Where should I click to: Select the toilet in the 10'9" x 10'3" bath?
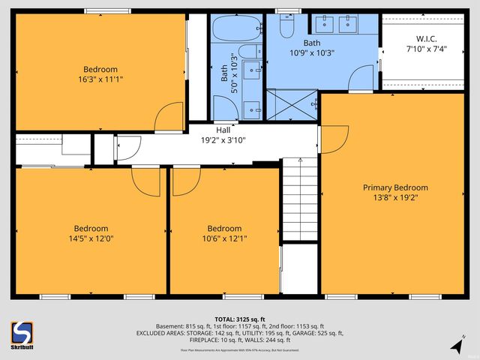[x=286, y=27]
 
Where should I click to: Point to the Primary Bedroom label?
[x=395, y=187]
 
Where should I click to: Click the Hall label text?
[x=223, y=130]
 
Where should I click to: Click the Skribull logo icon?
[x=22, y=332]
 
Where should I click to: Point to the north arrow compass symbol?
[x=456, y=346]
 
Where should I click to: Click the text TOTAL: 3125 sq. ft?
[x=239, y=319]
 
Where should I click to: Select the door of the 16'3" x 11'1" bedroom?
[x=169, y=116]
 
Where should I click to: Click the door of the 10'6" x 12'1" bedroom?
[x=186, y=181]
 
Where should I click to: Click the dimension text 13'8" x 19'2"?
[x=395, y=198]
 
